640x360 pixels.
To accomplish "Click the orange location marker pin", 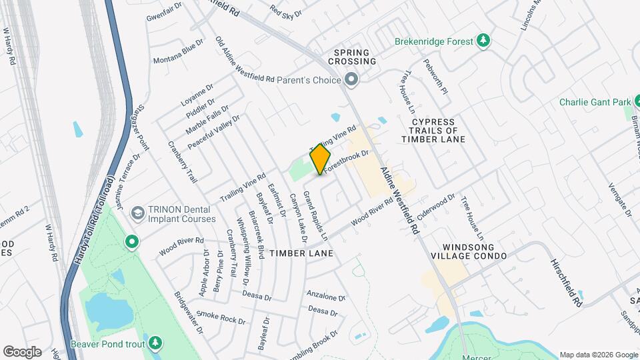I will click(x=321, y=159).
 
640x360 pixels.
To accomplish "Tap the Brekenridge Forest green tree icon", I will click(x=485, y=41).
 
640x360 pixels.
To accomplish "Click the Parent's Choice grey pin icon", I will click(x=353, y=81).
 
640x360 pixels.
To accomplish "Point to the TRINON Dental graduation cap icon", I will click(x=139, y=213).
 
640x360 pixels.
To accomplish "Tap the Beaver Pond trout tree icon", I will click(x=155, y=342).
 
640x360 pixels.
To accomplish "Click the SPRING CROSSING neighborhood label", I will click(x=355, y=57).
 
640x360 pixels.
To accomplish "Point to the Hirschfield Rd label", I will click(x=566, y=283).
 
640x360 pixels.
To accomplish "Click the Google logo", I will click(x=22, y=352).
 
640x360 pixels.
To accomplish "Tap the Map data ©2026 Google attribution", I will click(x=597, y=355).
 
